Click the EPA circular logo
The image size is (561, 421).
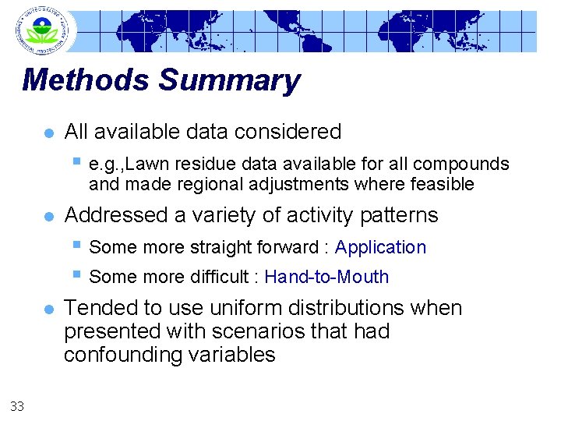(42, 30)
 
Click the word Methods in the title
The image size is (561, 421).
(86, 80)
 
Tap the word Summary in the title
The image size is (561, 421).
(229, 80)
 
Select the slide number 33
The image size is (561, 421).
(16, 405)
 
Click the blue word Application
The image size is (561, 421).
(380, 248)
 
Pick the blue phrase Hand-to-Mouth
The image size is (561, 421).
(326, 277)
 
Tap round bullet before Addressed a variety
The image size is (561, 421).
(48, 216)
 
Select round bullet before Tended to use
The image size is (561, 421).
(48, 310)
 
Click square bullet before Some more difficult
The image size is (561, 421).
(76, 274)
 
